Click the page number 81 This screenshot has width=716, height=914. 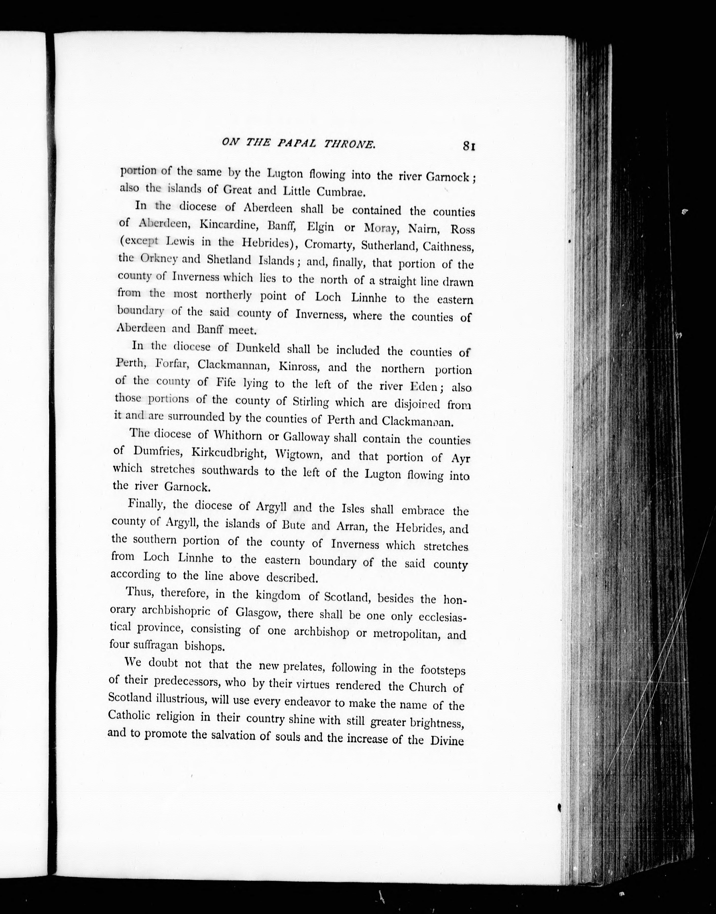point(468,146)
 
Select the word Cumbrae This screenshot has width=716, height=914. point(342,192)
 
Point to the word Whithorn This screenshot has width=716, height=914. point(238,435)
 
